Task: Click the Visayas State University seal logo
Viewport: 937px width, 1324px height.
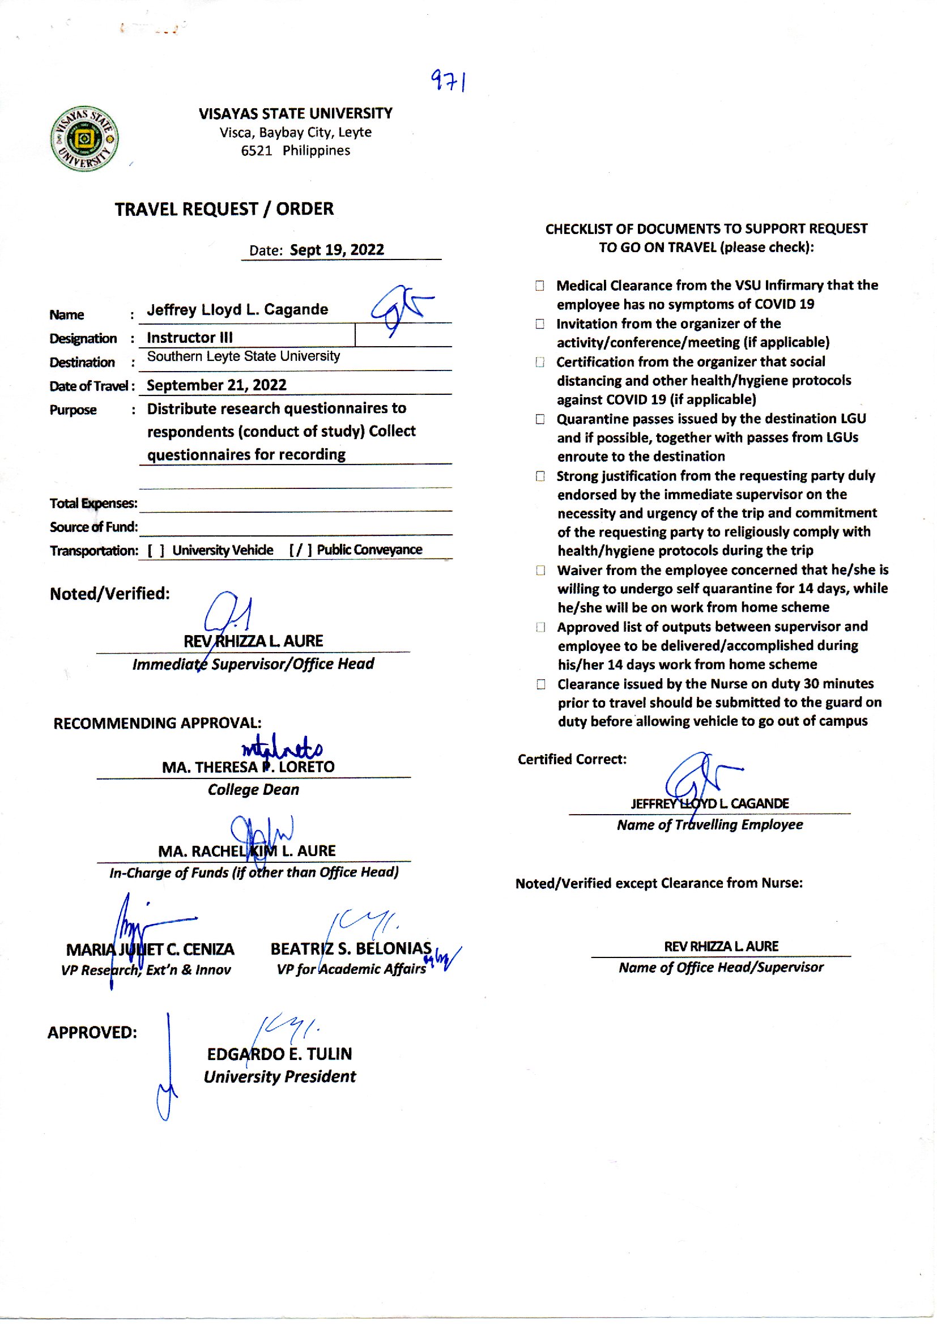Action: [x=84, y=139]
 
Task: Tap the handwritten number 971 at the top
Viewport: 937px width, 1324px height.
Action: [x=449, y=82]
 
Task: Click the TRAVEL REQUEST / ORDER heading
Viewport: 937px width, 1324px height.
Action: [x=224, y=209]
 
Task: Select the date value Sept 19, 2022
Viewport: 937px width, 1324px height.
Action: [x=337, y=250]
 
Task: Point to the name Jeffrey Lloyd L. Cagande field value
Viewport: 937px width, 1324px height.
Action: [x=237, y=310]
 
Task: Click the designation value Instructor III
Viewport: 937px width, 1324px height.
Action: [x=190, y=338]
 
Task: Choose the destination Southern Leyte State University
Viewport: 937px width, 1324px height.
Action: [x=243, y=356]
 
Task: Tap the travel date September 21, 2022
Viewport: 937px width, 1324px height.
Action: [x=216, y=385]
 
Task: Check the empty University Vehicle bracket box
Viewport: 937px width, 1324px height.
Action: [x=156, y=550]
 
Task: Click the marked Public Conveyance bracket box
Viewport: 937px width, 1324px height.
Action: [x=301, y=550]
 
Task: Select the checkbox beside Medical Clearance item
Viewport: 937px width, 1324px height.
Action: [x=540, y=286]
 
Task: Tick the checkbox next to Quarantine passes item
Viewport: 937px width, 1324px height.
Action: [x=540, y=419]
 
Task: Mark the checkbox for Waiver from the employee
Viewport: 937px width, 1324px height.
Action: [x=540, y=571]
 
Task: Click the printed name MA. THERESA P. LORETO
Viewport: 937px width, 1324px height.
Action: [x=248, y=767]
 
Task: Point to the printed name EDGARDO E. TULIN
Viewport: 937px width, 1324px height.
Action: [x=279, y=1054]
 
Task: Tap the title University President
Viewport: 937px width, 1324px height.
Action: [x=280, y=1076]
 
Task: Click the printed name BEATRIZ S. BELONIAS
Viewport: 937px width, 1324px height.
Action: [x=351, y=948]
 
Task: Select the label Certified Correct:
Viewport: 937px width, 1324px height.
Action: [x=572, y=759]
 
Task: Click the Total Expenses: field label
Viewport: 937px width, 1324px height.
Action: [x=93, y=503]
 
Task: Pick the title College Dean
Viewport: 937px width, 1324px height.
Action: [x=253, y=790]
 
